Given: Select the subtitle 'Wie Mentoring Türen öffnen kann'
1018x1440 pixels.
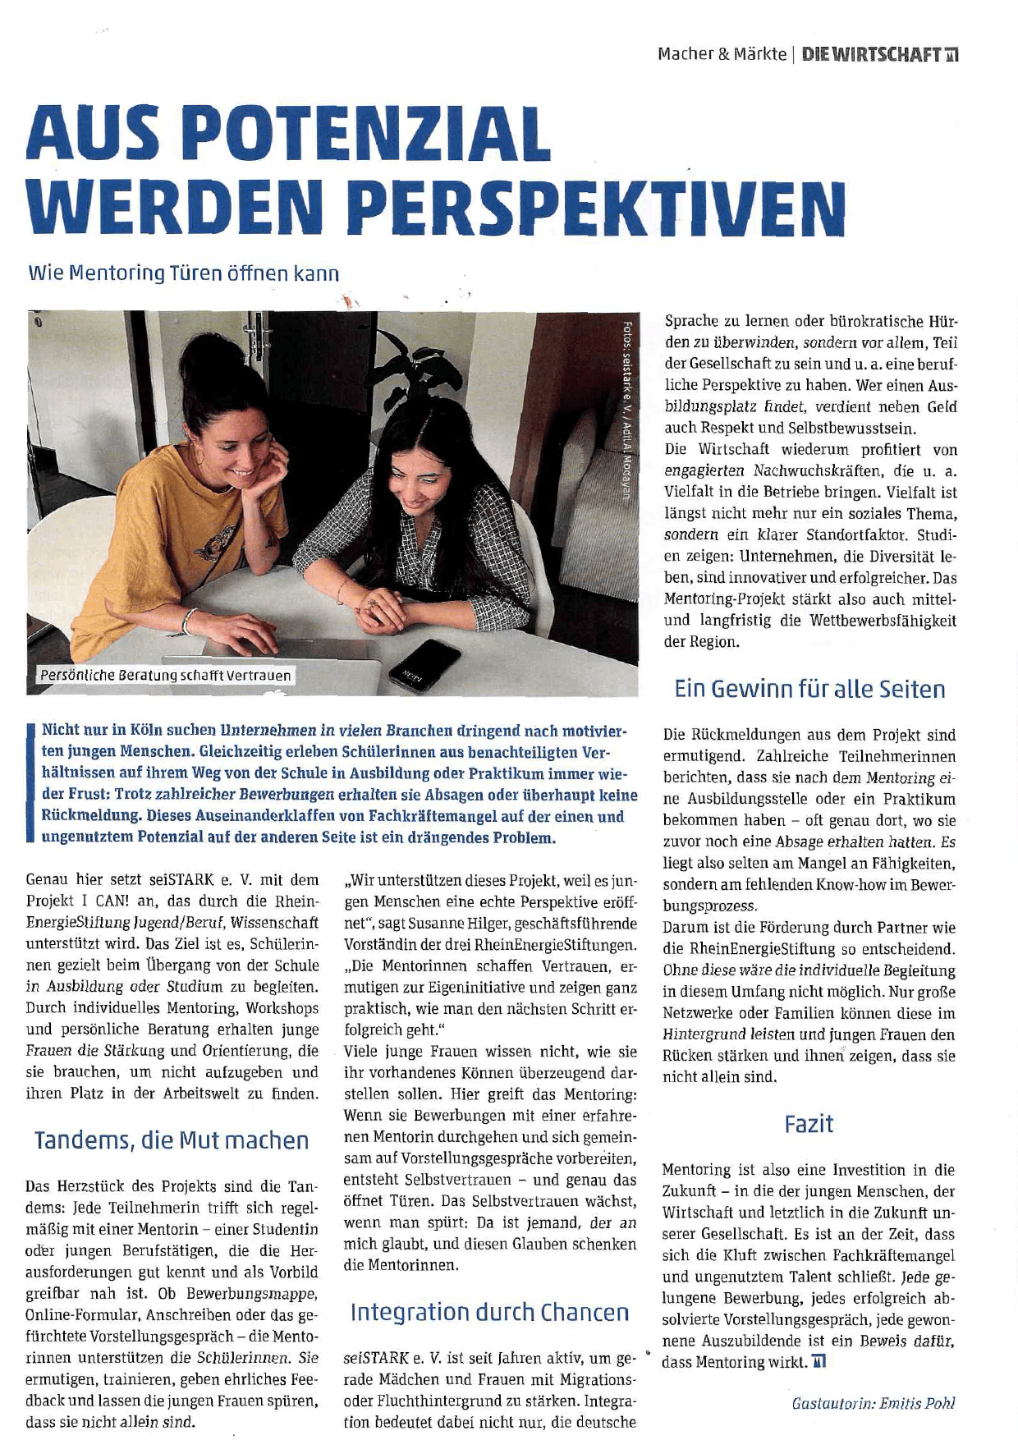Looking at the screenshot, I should [184, 273].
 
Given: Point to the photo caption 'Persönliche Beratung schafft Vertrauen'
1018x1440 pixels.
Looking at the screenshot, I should [165, 676].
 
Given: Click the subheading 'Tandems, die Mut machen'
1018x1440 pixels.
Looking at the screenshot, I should [172, 1140].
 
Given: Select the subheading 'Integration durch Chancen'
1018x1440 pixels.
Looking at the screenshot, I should [489, 1312].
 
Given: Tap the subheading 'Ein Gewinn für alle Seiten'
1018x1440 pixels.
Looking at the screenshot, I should [809, 689].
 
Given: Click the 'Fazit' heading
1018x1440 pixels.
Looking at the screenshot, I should [809, 1123].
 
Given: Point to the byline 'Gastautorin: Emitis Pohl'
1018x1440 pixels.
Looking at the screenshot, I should [874, 1403].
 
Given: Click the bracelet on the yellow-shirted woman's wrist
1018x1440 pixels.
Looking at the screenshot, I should [190, 621].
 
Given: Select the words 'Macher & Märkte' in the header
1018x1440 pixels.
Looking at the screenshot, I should [722, 55].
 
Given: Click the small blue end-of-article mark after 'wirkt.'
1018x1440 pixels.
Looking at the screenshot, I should [819, 1363].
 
